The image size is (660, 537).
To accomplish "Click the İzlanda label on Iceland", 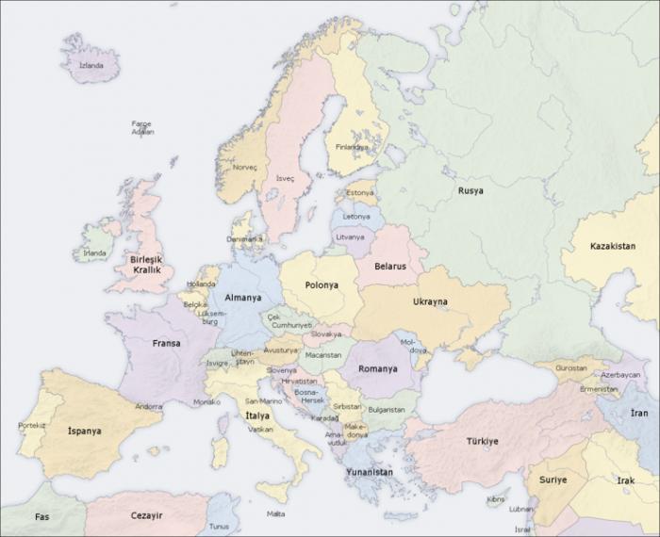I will [x=91, y=66].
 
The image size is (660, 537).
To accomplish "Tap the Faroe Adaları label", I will [x=142, y=128].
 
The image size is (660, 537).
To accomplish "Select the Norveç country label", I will [x=245, y=168].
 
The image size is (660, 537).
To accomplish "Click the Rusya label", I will [x=470, y=190].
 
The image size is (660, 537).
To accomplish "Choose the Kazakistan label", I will [x=612, y=246].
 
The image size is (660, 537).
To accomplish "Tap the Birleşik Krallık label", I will [x=145, y=264].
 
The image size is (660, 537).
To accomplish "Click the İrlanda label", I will [x=94, y=252].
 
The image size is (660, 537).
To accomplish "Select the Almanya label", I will [x=242, y=297].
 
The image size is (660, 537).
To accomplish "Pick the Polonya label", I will [x=322, y=285].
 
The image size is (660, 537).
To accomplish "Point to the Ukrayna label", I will [x=430, y=301].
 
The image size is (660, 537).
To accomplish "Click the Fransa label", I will [x=166, y=344].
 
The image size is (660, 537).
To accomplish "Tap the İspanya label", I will [x=84, y=431].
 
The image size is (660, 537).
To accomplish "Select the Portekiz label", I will [x=32, y=425].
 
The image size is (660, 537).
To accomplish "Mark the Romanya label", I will [x=377, y=369].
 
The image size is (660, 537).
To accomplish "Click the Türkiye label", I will [x=482, y=441].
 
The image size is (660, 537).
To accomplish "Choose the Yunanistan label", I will [x=370, y=471].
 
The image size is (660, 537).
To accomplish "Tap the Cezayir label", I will [x=146, y=515].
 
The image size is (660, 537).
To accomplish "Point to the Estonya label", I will [x=359, y=193].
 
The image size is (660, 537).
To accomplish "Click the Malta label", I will [x=275, y=513].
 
